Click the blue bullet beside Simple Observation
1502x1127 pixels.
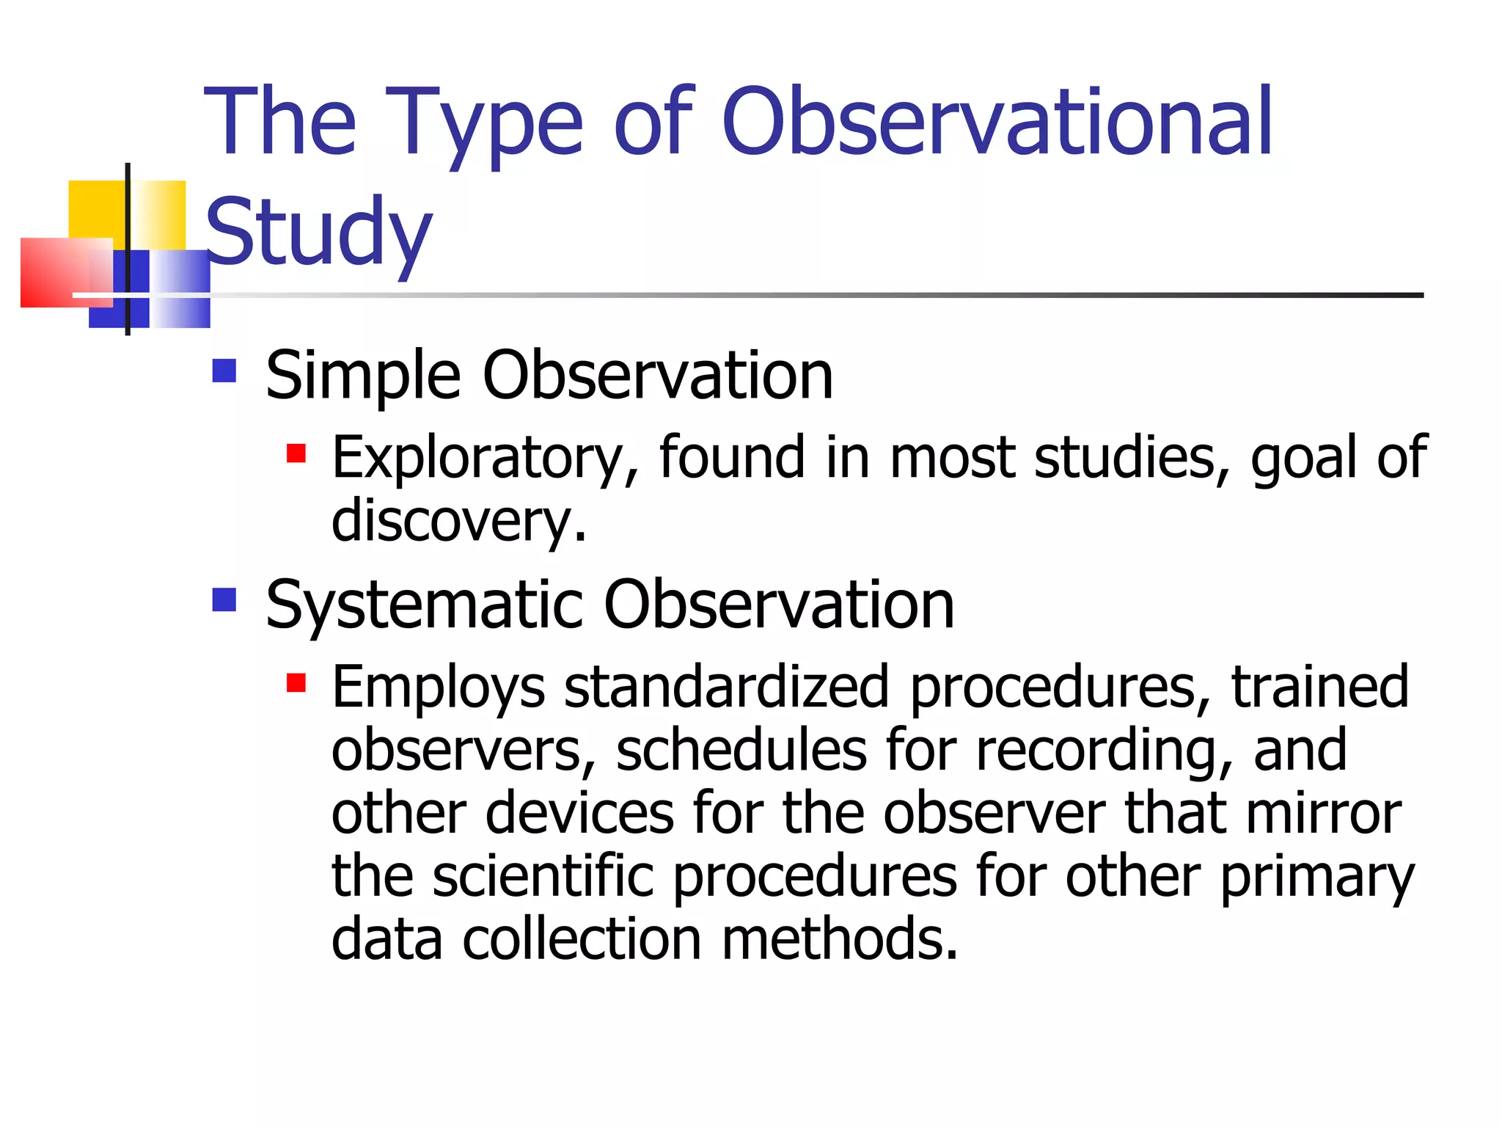click(224, 371)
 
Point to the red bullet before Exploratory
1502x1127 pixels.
click(296, 453)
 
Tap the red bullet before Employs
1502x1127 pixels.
click(296, 683)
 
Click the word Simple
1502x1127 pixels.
click(363, 376)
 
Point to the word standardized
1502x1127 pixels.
click(726, 687)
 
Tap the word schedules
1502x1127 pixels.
click(741, 750)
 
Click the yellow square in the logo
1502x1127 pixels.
click(95, 208)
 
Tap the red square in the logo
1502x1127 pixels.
click(55, 273)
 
